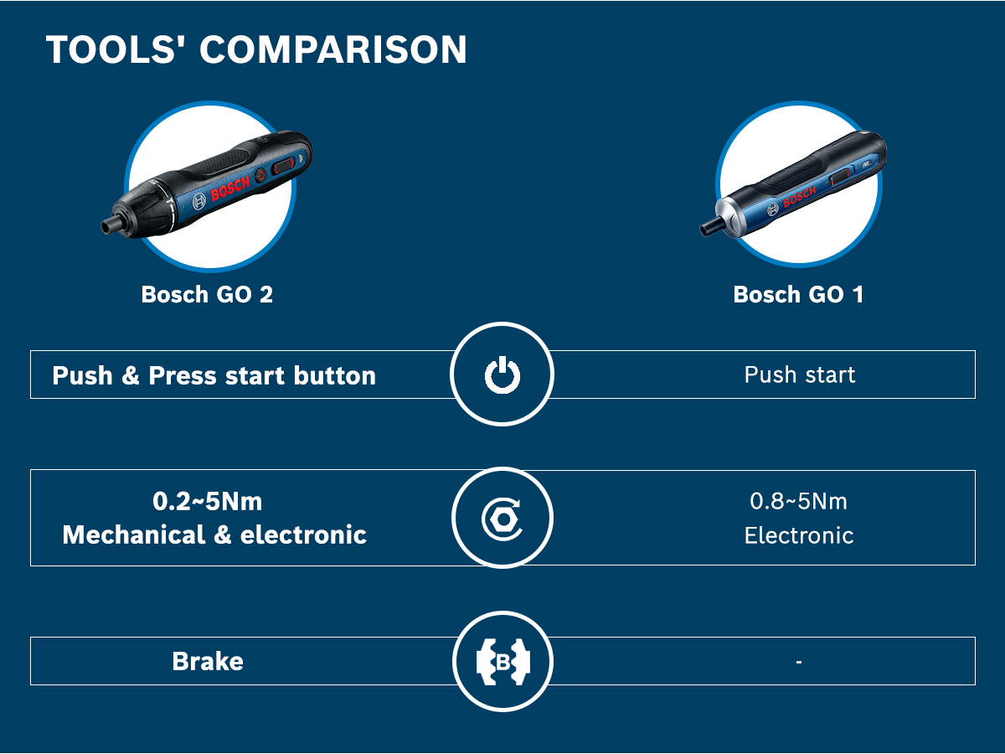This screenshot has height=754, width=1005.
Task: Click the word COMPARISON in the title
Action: tap(332, 49)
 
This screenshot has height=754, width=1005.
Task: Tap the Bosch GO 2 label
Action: tap(207, 294)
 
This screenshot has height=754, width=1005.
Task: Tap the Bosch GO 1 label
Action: tap(798, 294)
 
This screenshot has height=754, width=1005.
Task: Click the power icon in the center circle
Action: tap(502, 375)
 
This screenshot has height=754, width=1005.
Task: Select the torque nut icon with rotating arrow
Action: tap(502, 519)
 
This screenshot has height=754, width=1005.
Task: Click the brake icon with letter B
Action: tap(502, 662)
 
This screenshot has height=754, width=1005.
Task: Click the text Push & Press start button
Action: tap(214, 376)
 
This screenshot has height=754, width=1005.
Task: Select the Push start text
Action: tap(800, 375)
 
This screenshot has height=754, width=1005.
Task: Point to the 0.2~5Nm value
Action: tap(208, 501)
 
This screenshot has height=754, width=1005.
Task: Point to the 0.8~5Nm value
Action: tap(798, 501)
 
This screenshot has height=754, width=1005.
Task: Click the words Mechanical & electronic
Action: tap(214, 535)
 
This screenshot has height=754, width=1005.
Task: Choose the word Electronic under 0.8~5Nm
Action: tap(799, 535)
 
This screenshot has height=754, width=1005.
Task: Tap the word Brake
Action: tap(208, 662)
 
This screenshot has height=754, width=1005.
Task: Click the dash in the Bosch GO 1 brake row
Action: tap(798, 662)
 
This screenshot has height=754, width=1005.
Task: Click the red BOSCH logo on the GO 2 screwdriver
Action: tap(230, 188)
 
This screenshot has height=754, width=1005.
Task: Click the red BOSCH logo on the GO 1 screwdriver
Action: tap(800, 196)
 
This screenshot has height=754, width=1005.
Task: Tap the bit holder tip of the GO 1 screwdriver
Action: tap(709, 228)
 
